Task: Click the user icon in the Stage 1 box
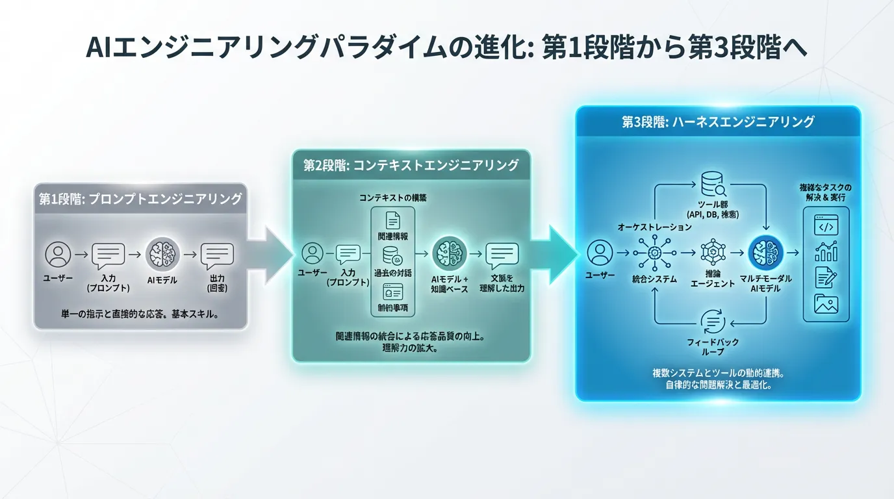point(58,254)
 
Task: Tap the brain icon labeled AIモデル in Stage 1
point(162,254)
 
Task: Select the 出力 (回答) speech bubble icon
point(217,255)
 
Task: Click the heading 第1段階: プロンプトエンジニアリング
point(140,199)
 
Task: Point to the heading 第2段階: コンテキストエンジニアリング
point(411,166)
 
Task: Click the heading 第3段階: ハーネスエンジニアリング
point(718,122)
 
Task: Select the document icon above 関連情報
point(392,220)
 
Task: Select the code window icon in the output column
point(825,227)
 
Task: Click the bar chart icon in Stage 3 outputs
point(826,251)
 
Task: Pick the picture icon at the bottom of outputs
point(826,303)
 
